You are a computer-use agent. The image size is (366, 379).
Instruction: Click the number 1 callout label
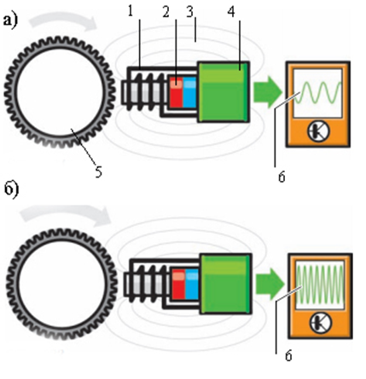131,12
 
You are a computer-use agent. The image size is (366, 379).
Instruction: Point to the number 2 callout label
166,12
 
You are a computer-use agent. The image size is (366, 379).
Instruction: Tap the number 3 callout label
189,12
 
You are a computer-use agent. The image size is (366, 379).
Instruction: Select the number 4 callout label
231,12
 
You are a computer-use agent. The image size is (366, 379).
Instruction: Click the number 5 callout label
98,172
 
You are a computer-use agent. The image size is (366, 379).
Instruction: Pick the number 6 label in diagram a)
282,177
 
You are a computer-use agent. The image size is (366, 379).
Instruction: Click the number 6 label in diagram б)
288,356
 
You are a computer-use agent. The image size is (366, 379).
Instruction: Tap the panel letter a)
10,20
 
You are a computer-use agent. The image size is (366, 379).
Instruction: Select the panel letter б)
12,189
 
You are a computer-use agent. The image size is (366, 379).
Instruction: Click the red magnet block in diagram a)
177,91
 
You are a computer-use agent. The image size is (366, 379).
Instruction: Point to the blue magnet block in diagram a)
189,91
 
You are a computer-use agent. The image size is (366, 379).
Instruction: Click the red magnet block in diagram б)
179,283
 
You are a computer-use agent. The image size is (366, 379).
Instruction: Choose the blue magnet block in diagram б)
192,283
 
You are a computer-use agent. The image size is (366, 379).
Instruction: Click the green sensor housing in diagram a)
224,91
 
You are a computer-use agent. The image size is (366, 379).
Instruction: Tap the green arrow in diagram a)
268,91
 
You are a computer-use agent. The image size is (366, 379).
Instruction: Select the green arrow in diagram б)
270,284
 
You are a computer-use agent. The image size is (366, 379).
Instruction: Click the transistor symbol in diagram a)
319,131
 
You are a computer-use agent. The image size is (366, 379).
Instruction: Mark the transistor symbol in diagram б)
321,323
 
